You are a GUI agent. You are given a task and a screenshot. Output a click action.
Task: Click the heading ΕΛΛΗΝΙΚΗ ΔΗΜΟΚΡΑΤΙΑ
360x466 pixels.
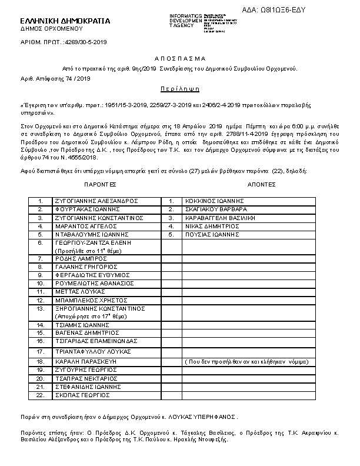(x=65, y=21)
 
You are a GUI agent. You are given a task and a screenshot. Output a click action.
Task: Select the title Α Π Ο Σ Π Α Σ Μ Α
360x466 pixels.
(x=180, y=59)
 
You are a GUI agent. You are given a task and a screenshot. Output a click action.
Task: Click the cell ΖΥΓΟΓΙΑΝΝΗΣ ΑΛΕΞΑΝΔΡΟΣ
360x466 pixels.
(x=96, y=201)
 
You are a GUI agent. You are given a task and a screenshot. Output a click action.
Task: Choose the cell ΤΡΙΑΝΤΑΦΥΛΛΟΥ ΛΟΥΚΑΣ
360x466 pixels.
(x=92, y=350)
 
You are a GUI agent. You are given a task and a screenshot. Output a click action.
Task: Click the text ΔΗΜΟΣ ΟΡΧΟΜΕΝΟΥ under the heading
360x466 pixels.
(x=51, y=28)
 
